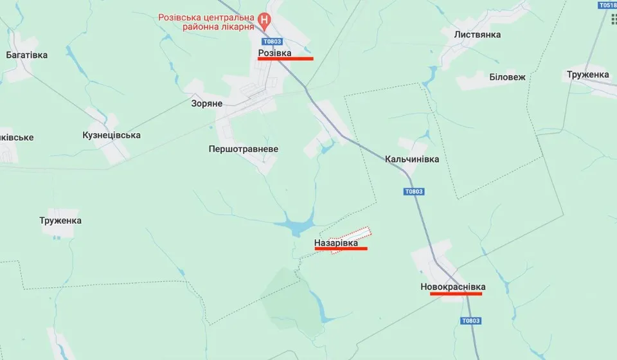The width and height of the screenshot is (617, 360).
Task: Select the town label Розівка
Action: point(274,52)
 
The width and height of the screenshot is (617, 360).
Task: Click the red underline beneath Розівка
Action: point(285,59)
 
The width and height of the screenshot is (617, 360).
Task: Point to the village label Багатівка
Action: point(26,55)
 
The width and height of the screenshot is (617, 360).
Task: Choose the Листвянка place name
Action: point(477,35)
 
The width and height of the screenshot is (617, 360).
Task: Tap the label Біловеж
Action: point(507,77)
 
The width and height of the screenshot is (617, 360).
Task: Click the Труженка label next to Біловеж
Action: point(588,75)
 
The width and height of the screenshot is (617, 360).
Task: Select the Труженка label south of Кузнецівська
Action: point(60,221)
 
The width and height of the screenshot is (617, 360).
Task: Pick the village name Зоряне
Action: point(207,103)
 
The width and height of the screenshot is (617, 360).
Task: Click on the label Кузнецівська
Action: point(112,135)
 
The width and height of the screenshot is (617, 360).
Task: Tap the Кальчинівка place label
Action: point(412,159)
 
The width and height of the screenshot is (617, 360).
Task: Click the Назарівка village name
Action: point(336,242)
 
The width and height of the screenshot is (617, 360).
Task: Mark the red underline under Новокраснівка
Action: point(456,294)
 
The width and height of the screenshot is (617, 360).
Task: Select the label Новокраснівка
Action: point(453,286)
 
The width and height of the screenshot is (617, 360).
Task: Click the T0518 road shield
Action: point(606,5)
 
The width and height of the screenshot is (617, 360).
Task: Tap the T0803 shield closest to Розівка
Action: point(273,40)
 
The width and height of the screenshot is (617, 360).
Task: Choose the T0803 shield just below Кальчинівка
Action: point(415,192)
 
